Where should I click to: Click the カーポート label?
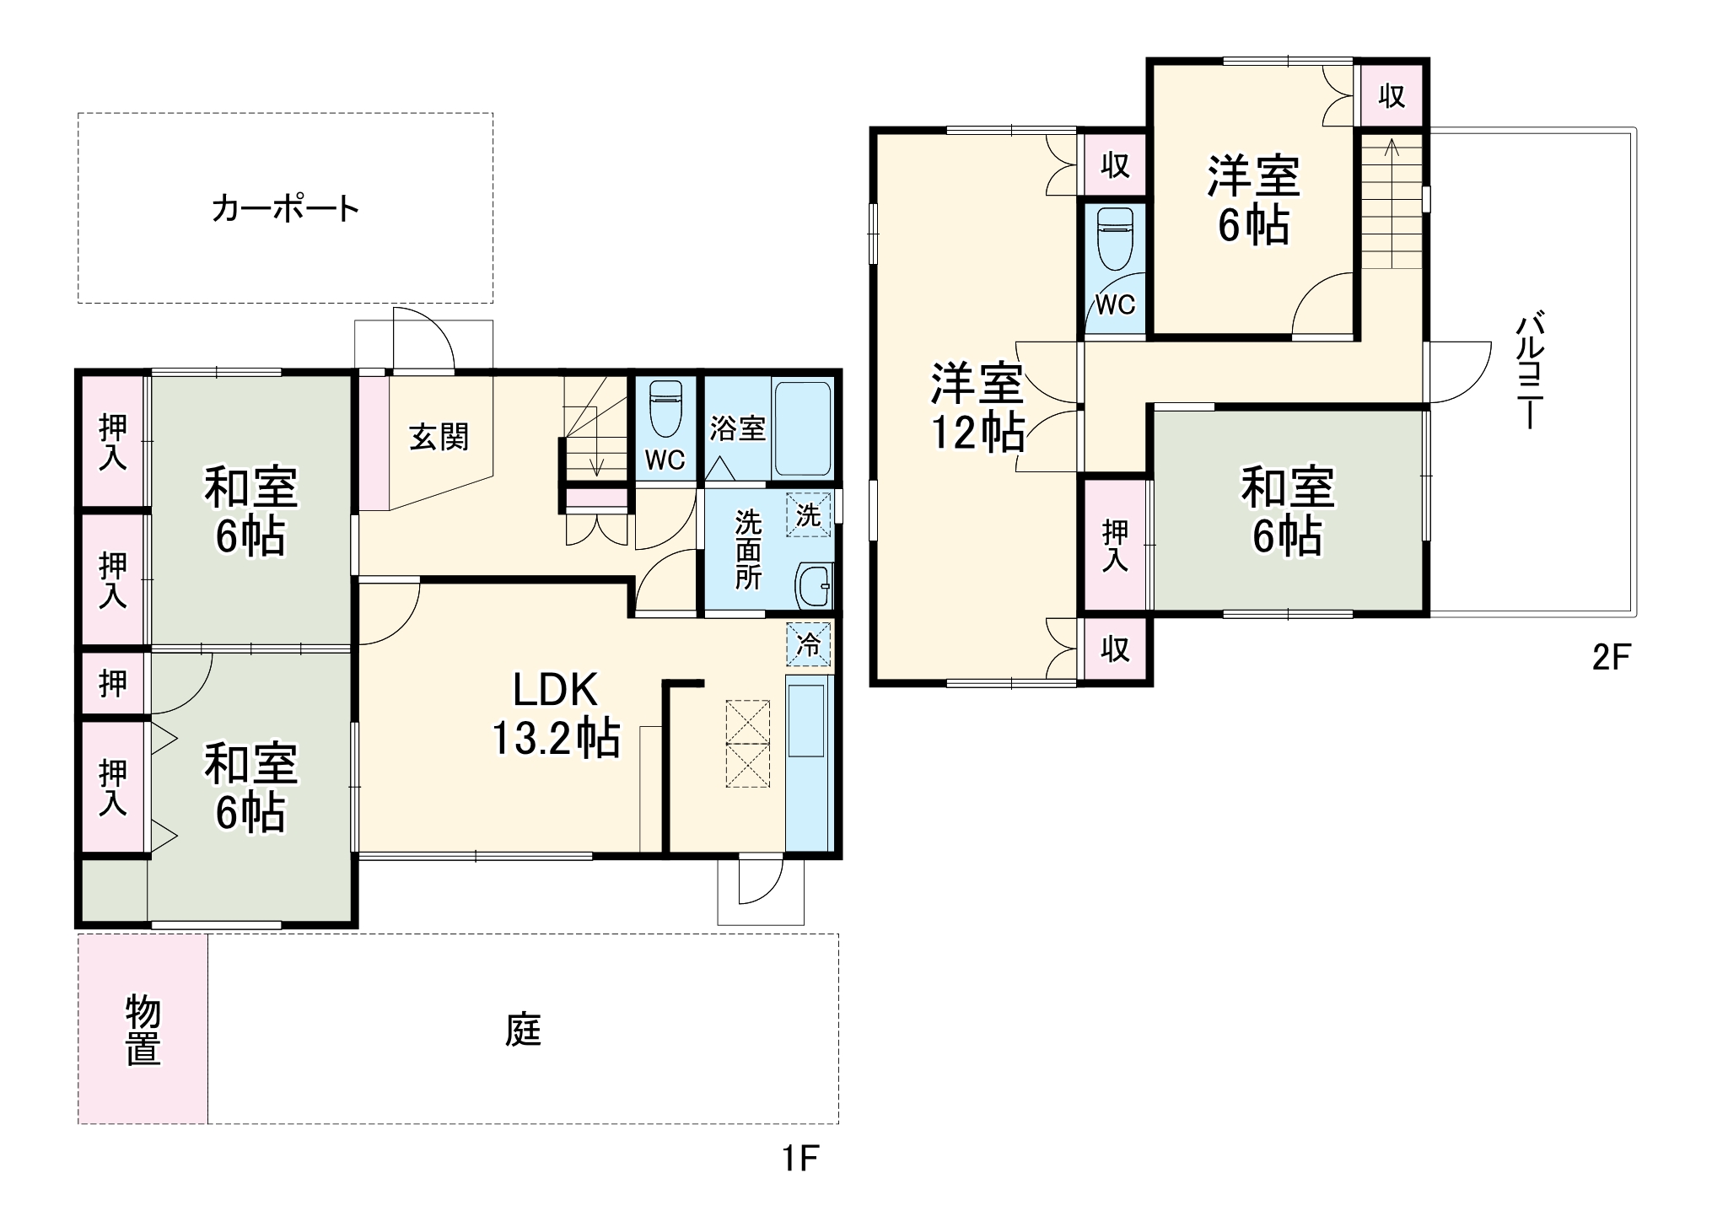(x=285, y=208)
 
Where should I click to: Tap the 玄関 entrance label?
(x=439, y=437)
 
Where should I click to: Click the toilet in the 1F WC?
(x=665, y=410)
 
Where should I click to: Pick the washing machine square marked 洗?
(x=808, y=514)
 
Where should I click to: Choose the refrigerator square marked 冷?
(x=808, y=645)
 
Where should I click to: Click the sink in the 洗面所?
(x=814, y=584)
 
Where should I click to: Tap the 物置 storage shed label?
(x=143, y=1029)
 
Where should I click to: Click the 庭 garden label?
(x=523, y=1030)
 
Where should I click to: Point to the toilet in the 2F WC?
(x=1114, y=239)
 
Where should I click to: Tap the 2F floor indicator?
(x=1612, y=657)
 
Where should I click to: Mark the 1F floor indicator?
(x=800, y=1159)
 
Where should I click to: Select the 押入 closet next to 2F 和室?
(x=1115, y=545)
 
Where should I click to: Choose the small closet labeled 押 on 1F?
(x=113, y=683)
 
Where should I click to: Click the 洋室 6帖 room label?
(x=1253, y=200)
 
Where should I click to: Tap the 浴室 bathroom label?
(x=738, y=428)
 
